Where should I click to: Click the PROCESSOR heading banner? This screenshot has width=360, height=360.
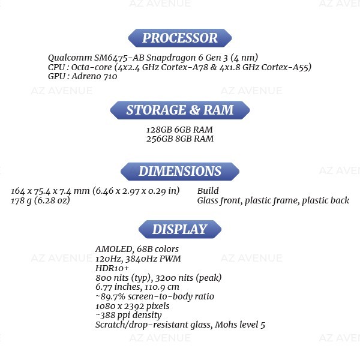(180, 38)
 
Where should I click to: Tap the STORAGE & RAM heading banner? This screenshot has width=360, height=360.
(180, 110)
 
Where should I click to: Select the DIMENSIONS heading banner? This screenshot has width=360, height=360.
(180, 172)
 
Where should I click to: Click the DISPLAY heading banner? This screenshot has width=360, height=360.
(180, 230)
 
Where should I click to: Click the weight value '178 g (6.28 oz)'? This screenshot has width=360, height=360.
(41, 200)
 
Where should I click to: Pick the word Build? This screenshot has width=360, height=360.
(208, 191)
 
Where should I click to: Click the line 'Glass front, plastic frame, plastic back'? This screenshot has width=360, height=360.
(273, 200)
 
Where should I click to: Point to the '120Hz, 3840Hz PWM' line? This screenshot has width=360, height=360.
(138, 259)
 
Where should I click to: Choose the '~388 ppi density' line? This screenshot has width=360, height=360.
(128, 315)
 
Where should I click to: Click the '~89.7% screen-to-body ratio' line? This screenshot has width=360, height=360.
(155, 296)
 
